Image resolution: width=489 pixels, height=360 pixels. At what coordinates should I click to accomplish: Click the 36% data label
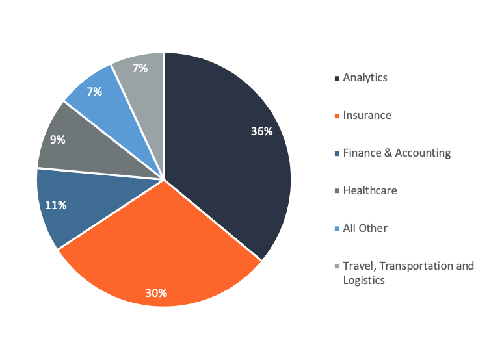tap(261, 131)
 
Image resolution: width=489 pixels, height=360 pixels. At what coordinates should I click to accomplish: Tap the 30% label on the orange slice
tap(156, 292)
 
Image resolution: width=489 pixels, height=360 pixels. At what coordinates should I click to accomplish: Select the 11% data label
tap(55, 206)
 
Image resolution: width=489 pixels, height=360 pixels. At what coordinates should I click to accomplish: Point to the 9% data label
tap(57, 139)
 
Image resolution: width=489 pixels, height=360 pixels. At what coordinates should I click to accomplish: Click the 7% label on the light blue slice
tap(94, 92)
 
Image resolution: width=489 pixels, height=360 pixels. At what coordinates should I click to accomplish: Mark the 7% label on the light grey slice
tap(139, 68)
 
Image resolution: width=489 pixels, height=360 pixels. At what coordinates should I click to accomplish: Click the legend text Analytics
tap(365, 78)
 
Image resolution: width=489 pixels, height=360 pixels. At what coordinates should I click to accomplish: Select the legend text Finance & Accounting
tap(397, 153)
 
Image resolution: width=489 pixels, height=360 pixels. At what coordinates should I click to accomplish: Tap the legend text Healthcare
tap(369, 191)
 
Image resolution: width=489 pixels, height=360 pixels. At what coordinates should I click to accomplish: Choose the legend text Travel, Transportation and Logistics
tap(408, 273)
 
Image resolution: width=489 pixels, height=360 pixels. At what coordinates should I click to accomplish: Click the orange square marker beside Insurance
tap(337, 116)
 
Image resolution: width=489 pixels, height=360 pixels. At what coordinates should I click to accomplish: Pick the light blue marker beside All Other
tap(337, 229)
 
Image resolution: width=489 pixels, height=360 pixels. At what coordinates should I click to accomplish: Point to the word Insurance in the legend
tap(367, 116)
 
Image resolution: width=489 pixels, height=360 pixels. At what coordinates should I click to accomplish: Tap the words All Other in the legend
tap(365, 229)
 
